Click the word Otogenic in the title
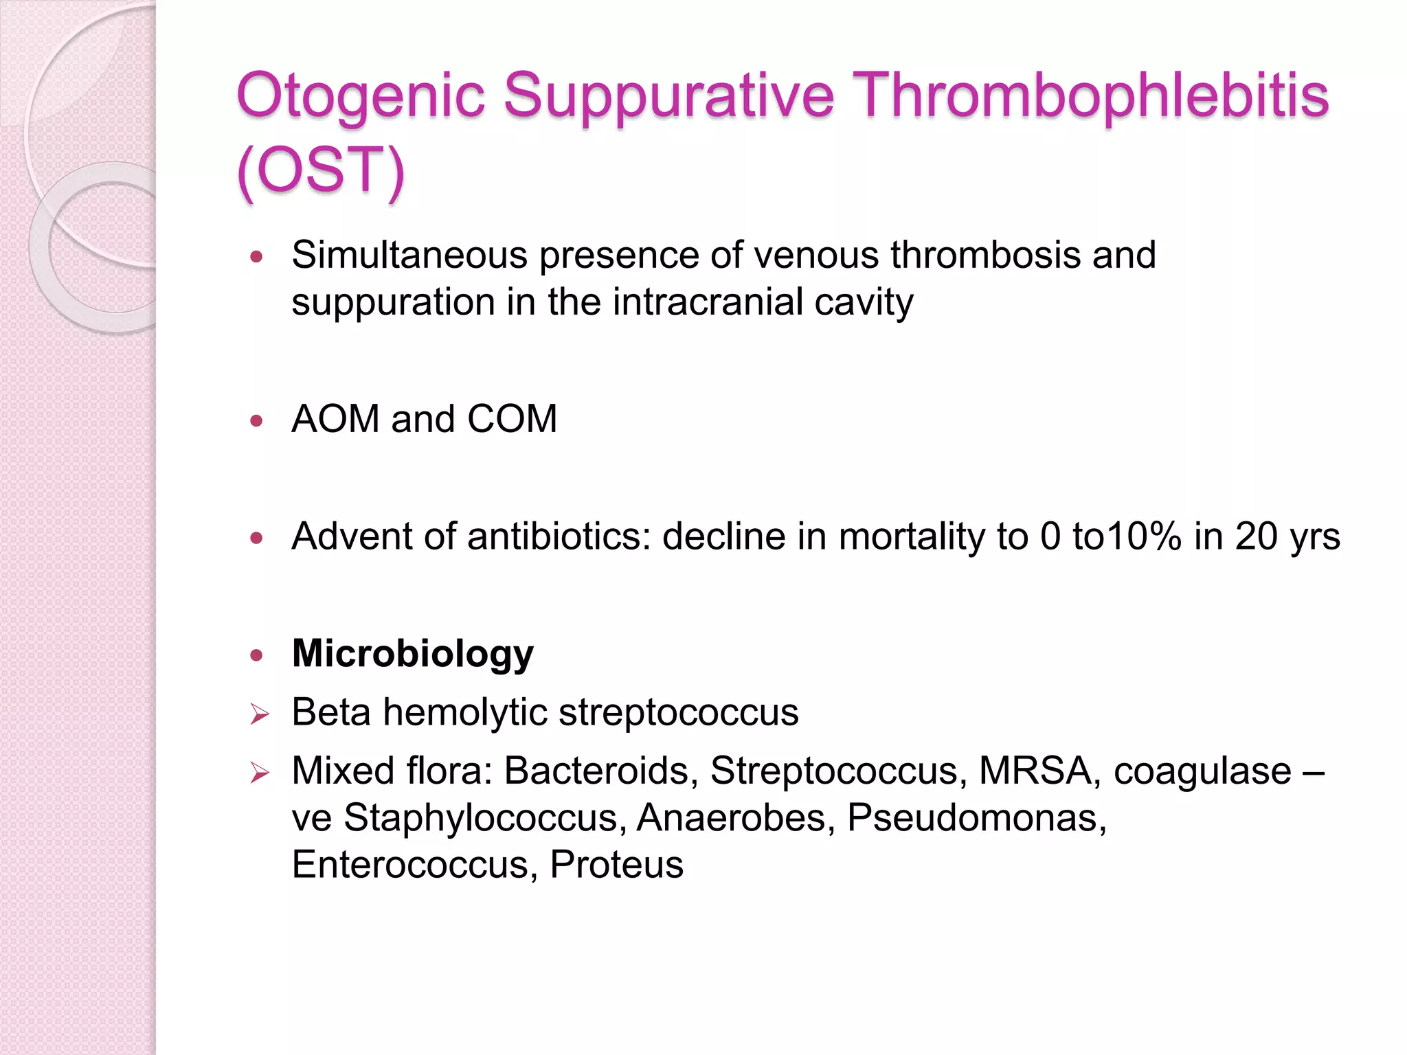click(x=360, y=96)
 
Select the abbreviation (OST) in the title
click(x=321, y=170)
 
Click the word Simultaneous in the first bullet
click(x=409, y=256)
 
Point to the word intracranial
click(x=707, y=302)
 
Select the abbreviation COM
click(x=512, y=419)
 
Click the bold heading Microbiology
click(x=412, y=653)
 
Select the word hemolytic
click(x=464, y=712)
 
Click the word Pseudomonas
click(x=976, y=818)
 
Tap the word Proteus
click(x=616, y=865)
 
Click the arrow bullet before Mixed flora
click(x=259, y=773)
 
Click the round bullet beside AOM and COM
click(x=257, y=421)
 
